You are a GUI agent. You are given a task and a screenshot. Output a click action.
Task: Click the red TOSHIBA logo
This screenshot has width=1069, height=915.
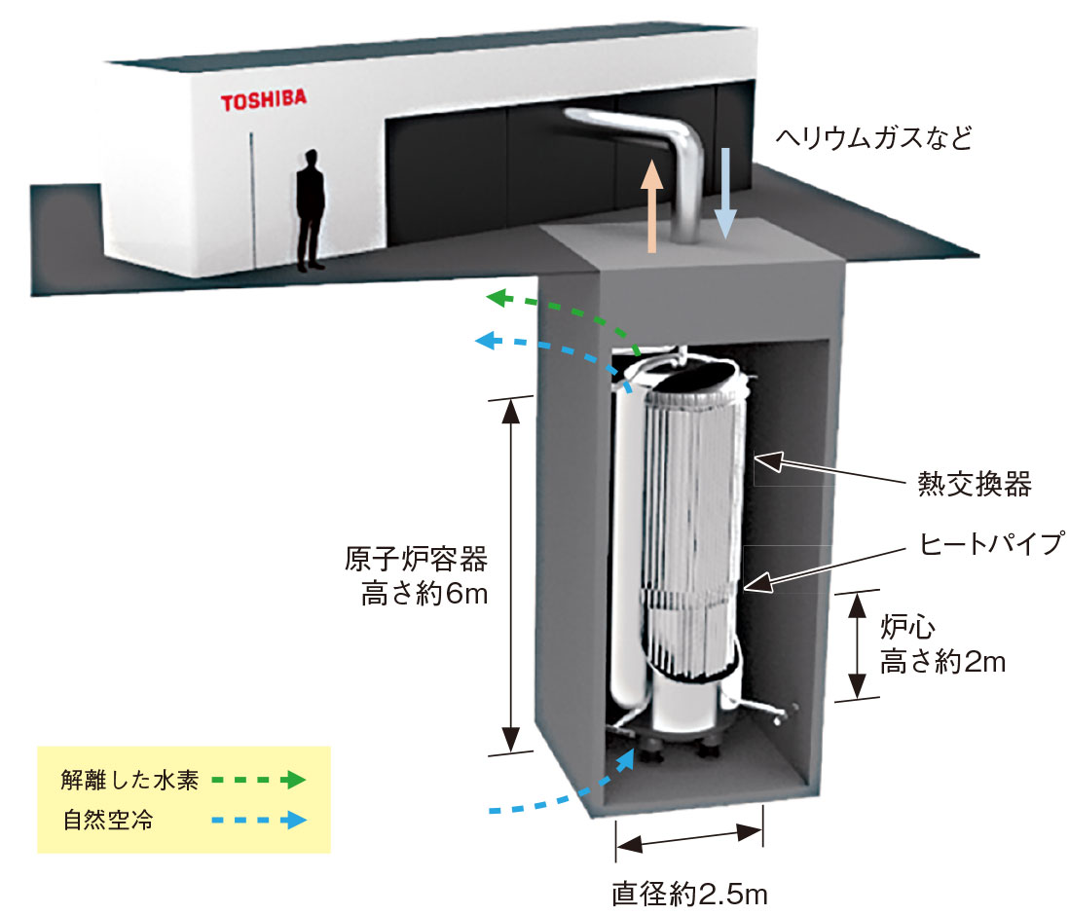point(250,100)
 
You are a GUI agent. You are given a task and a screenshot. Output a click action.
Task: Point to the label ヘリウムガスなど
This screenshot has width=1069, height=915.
point(873,137)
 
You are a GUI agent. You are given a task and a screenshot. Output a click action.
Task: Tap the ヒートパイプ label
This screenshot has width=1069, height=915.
point(978,543)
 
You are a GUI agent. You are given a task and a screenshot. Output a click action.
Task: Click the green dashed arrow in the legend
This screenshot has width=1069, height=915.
point(260,780)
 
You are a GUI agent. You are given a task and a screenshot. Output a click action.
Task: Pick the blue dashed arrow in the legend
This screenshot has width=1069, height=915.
point(260,820)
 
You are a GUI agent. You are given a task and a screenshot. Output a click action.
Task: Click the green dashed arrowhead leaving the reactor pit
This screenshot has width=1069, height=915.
point(499,297)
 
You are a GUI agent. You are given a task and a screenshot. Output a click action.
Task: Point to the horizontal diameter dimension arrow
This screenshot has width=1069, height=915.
point(689,838)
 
